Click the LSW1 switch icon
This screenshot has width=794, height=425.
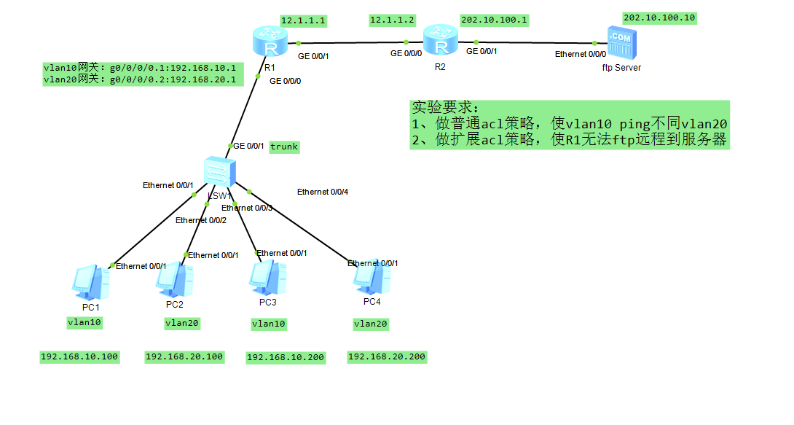(219, 172)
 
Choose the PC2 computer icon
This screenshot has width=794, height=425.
(174, 281)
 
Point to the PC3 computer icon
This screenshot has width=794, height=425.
(267, 278)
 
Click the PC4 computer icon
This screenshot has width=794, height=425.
(371, 278)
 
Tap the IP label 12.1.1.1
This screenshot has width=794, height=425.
(304, 20)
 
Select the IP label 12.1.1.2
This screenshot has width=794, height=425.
(393, 20)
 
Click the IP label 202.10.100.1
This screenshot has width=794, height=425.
(493, 20)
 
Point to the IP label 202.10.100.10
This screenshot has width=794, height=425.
(659, 17)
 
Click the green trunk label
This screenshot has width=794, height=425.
(284, 147)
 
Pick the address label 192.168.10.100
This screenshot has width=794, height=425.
(79, 356)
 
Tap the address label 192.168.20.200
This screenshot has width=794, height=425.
(387, 356)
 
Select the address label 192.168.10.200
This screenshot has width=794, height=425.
(286, 357)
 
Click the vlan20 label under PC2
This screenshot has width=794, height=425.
(182, 322)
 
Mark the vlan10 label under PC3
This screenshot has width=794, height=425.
(269, 323)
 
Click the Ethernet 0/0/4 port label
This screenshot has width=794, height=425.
(323, 192)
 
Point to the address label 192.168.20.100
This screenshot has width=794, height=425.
(184, 356)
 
